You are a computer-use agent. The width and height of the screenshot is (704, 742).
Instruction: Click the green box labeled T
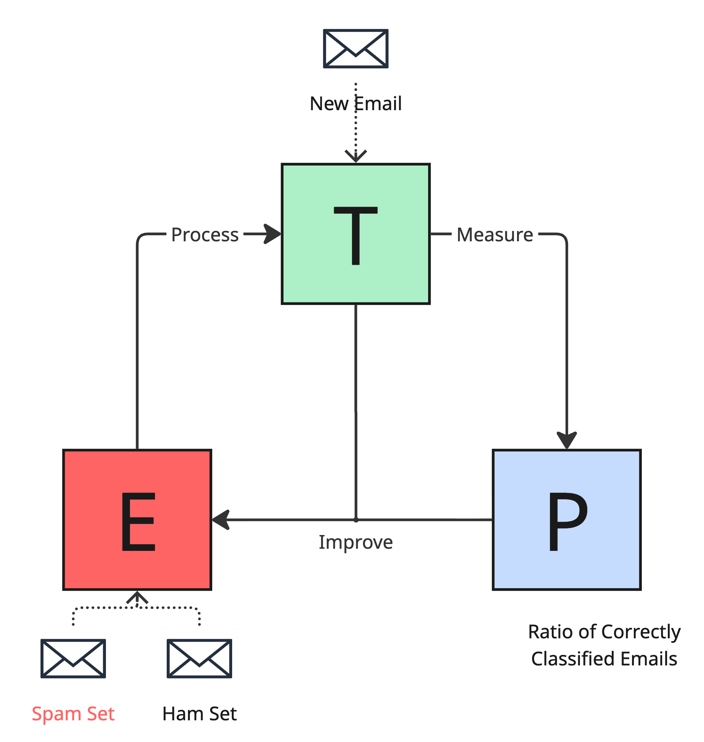click(355, 234)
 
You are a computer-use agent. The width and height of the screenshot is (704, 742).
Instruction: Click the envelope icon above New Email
click(355, 49)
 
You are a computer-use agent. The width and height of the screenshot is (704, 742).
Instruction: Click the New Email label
click(355, 103)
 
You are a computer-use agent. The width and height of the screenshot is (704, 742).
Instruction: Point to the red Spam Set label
click(73, 713)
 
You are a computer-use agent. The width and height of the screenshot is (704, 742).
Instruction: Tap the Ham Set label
click(199, 713)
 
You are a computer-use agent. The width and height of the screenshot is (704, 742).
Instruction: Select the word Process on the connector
click(205, 235)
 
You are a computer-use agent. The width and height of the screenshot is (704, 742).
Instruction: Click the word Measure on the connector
click(495, 235)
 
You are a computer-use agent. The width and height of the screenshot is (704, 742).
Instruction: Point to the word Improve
click(355, 542)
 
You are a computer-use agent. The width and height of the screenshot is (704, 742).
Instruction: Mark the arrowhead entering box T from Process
click(272, 234)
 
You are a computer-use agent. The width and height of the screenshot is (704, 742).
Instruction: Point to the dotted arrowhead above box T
click(355, 156)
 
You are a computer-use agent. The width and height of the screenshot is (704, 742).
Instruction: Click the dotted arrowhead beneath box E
click(137, 598)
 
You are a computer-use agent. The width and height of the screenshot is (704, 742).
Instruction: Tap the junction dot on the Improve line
click(356, 520)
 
